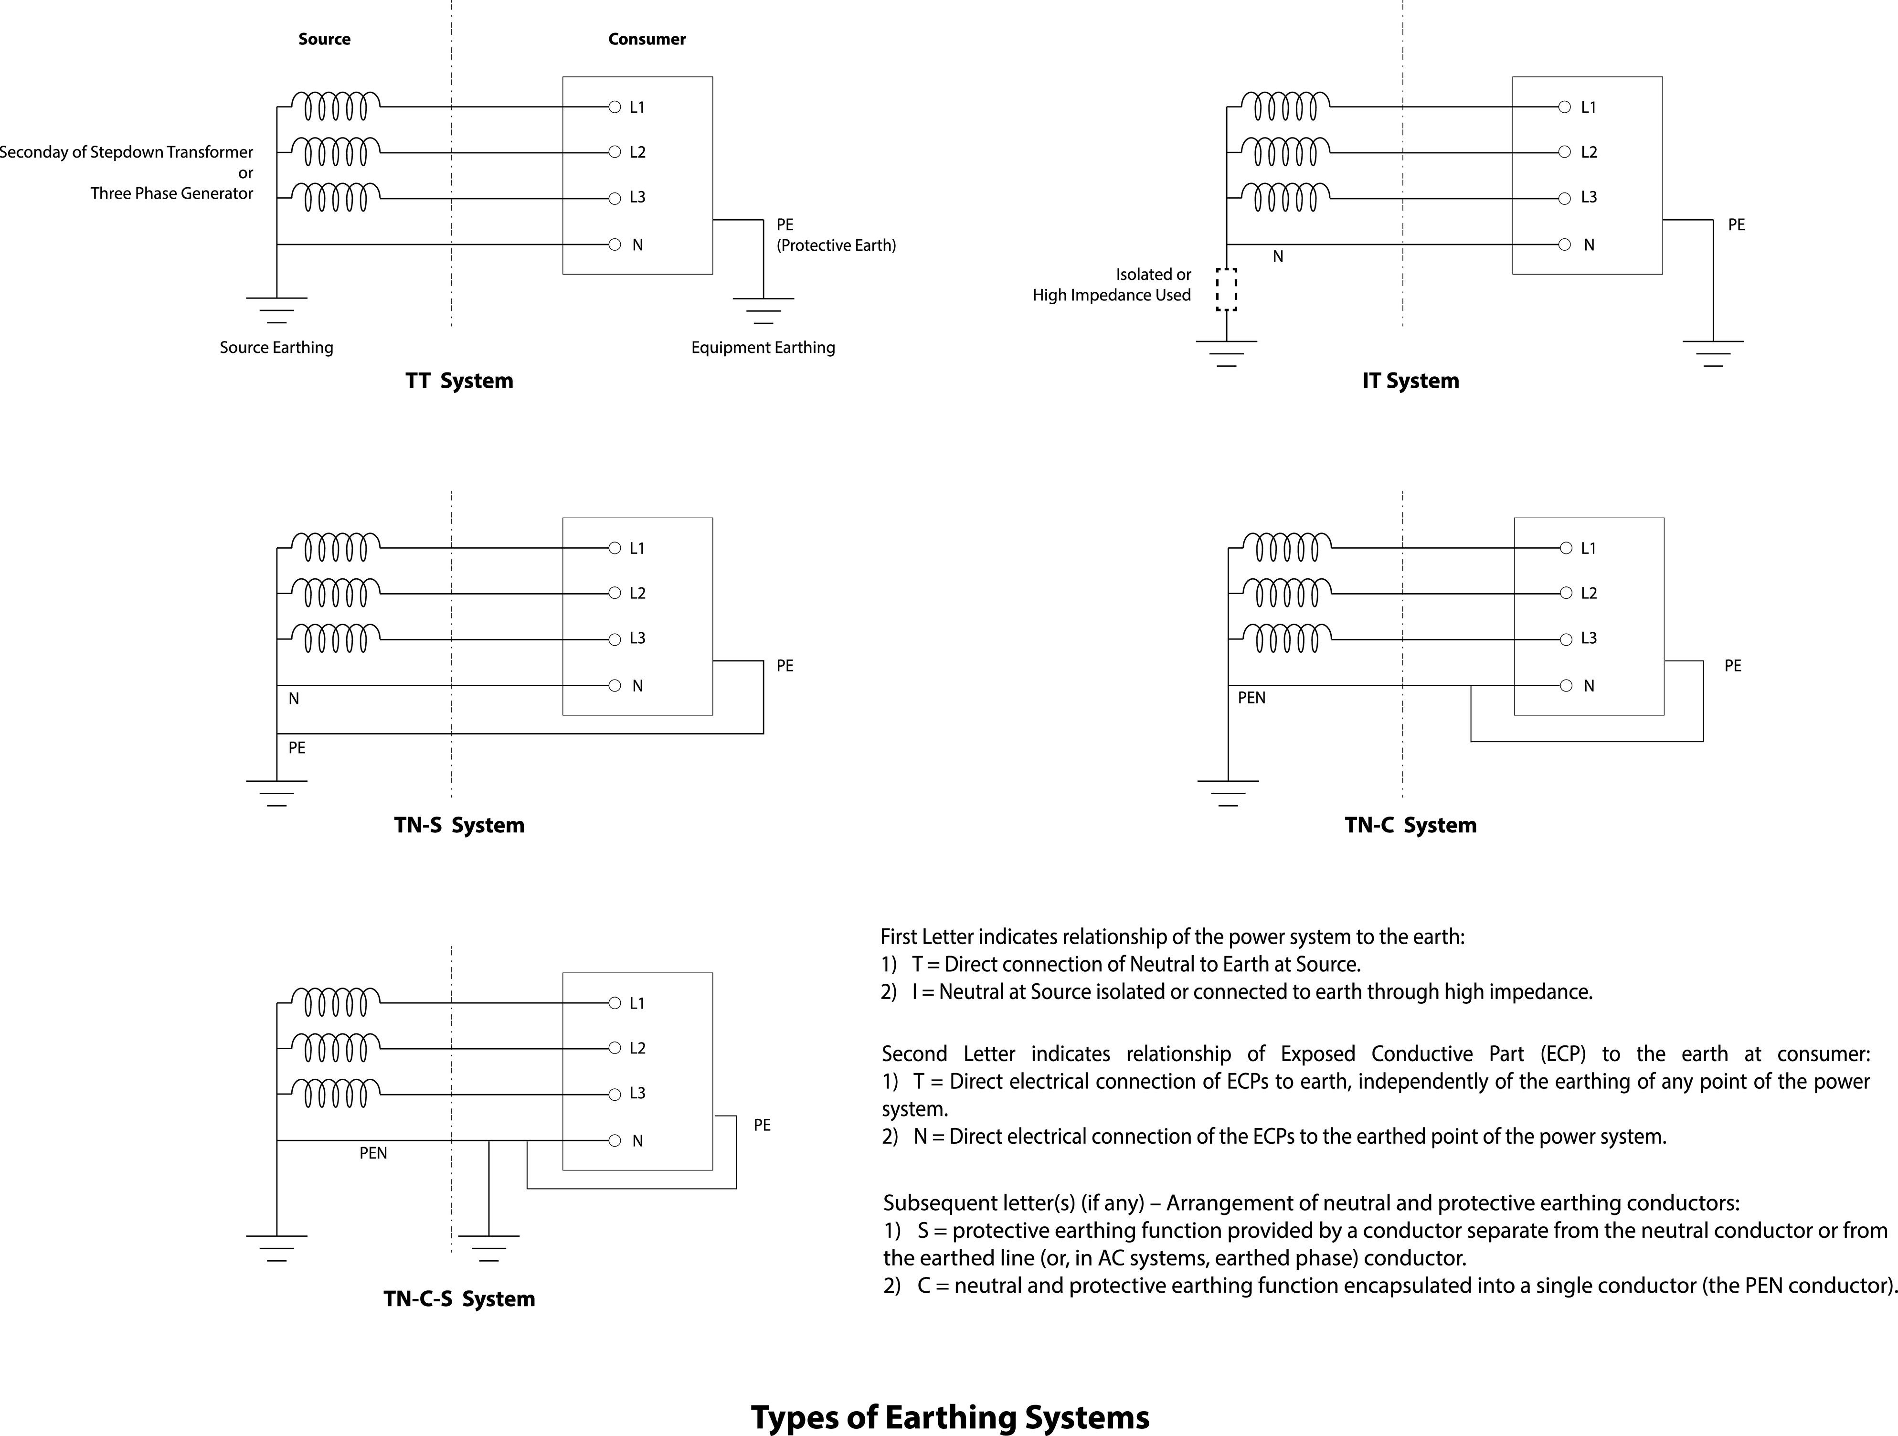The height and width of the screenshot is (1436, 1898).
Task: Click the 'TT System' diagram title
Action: tap(459, 381)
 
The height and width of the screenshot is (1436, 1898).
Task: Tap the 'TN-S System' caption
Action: tap(459, 826)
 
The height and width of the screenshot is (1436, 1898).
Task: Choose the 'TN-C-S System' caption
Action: tap(459, 1299)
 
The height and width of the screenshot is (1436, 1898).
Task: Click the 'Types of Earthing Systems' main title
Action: tap(950, 1418)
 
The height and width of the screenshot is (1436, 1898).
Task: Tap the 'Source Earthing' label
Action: tap(276, 348)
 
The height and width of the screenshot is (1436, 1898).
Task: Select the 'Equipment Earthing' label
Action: tap(763, 348)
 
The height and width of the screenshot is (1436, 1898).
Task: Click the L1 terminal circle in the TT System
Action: tap(615, 107)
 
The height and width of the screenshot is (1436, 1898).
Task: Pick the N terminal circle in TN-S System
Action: tap(615, 686)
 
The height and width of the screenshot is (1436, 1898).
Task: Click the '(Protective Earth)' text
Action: tap(836, 245)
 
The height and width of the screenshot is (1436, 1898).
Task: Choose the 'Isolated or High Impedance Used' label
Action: tap(1112, 285)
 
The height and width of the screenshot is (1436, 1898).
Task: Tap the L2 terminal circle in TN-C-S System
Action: tap(615, 1048)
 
